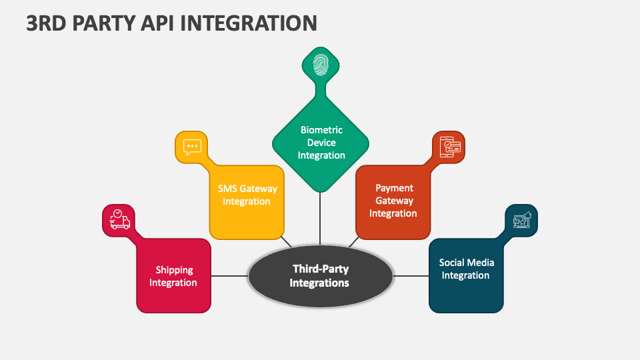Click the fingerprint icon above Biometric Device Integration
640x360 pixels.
coord(321,65)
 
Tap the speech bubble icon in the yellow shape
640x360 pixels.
coord(192,147)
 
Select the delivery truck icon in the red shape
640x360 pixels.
coord(119,219)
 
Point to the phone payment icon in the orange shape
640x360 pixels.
coord(450,147)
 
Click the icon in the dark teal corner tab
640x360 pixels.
coord(522,220)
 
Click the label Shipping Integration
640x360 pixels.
coord(173,276)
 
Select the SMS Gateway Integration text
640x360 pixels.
coord(247,195)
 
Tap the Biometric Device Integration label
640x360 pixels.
coord(321,143)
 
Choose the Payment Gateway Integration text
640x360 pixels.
coord(393,201)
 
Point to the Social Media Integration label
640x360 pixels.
coord(466,269)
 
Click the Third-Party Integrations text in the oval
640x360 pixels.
coord(319,276)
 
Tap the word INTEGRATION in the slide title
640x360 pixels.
coord(249,23)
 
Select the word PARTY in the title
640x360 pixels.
coord(104,23)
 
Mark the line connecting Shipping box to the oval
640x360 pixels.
coord(230,276)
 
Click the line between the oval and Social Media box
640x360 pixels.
coord(411,276)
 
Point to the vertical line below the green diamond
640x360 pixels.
coord(320,219)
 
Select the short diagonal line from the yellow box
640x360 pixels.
coord(287,241)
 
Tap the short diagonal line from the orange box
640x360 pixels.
coord(354,241)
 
